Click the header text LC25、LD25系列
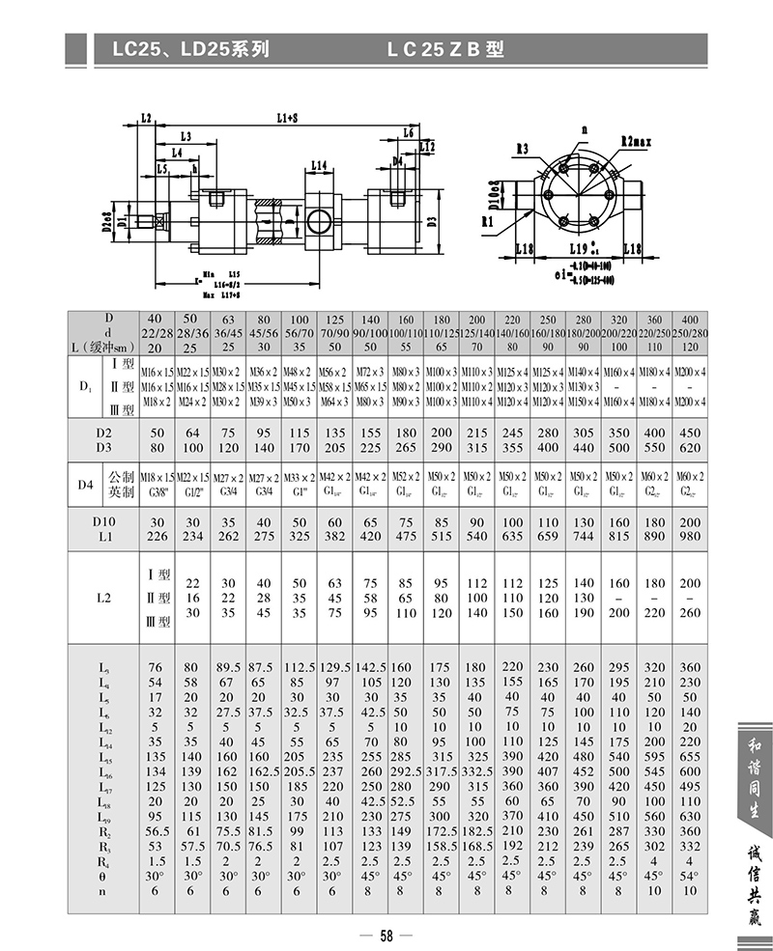click(x=184, y=49)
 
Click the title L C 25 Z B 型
click(x=445, y=49)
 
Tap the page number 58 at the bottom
click(x=386, y=935)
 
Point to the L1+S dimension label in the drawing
click(x=287, y=118)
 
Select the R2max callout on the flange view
click(x=639, y=142)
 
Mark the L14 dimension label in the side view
click(x=321, y=165)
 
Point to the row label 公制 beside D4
click(x=122, y=476)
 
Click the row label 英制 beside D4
click(x=122, y=490)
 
